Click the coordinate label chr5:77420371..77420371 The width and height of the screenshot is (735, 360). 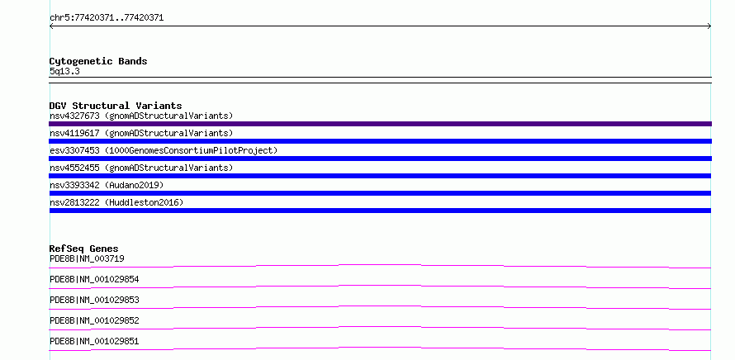107,18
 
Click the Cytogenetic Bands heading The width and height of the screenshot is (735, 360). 98,61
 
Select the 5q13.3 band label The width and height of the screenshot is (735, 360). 64,71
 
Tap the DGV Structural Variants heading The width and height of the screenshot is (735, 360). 116,106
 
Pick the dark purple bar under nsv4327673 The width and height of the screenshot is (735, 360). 380,124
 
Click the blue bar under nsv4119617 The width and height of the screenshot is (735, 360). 380,141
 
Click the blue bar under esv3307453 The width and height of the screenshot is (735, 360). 380,159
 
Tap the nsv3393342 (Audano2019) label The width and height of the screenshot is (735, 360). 107,185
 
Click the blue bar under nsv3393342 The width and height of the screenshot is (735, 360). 380,193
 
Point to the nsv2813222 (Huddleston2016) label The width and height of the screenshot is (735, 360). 116,202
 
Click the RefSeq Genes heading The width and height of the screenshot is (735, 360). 84,249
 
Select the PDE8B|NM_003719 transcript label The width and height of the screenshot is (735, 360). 87,258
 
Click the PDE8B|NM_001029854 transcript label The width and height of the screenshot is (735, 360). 94,279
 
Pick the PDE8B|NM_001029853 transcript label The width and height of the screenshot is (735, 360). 94,300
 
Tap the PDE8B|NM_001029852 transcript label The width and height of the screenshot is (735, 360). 94,320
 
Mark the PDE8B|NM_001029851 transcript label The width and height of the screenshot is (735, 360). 94,341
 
